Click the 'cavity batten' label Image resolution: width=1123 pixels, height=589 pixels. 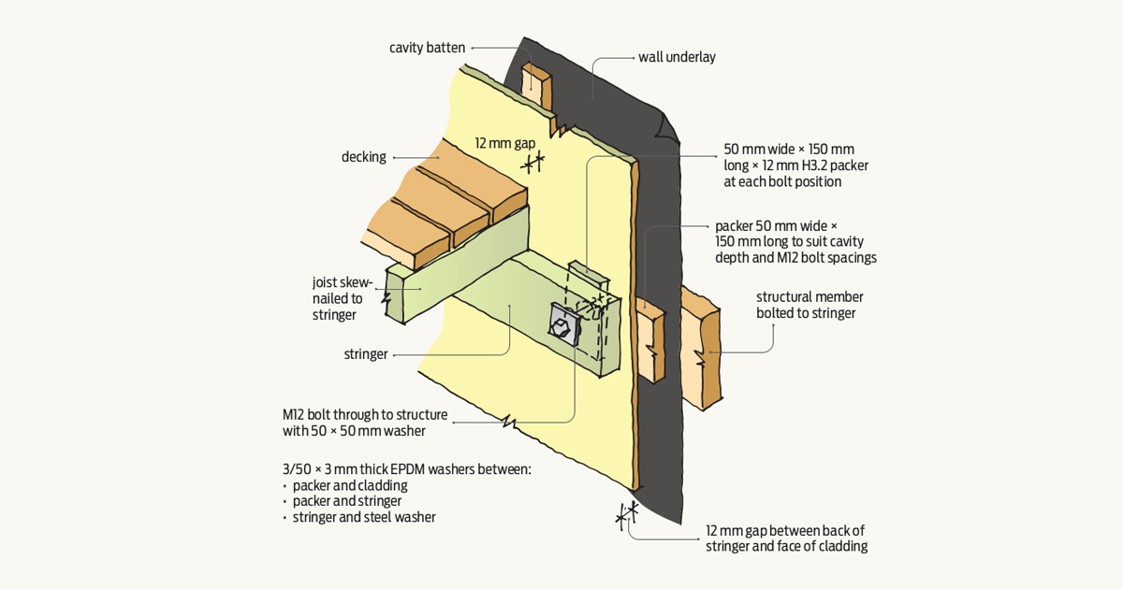[x=427, y=48]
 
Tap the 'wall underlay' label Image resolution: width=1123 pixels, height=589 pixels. [x=677, y=57]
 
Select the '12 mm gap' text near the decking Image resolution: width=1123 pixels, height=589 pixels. [x=504, y=143]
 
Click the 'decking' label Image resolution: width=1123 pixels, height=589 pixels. [x=363, y=157]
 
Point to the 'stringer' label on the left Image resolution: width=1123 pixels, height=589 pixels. [x=365, y=354]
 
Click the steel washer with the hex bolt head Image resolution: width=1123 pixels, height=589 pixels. [x=561, y=326]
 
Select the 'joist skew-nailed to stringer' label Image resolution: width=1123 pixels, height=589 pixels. [x=342, y=298]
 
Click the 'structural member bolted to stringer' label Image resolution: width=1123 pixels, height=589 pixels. [x=806, y=305]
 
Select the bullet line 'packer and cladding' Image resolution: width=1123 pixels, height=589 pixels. [x=349, y=486]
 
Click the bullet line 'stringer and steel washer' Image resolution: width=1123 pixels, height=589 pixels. [x=363, y=517]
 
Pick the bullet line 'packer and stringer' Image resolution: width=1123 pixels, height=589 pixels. [x=348, y=501]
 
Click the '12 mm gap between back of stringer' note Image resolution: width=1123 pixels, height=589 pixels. [x=786, y=539]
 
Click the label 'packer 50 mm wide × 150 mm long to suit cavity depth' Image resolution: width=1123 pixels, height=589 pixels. [x=795, y=241]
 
